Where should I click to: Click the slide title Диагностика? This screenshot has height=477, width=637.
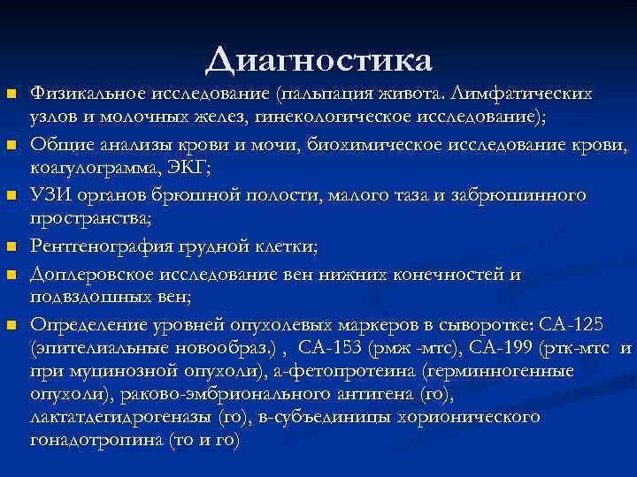click(318, 60)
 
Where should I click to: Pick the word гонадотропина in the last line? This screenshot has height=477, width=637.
click(96, 440)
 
